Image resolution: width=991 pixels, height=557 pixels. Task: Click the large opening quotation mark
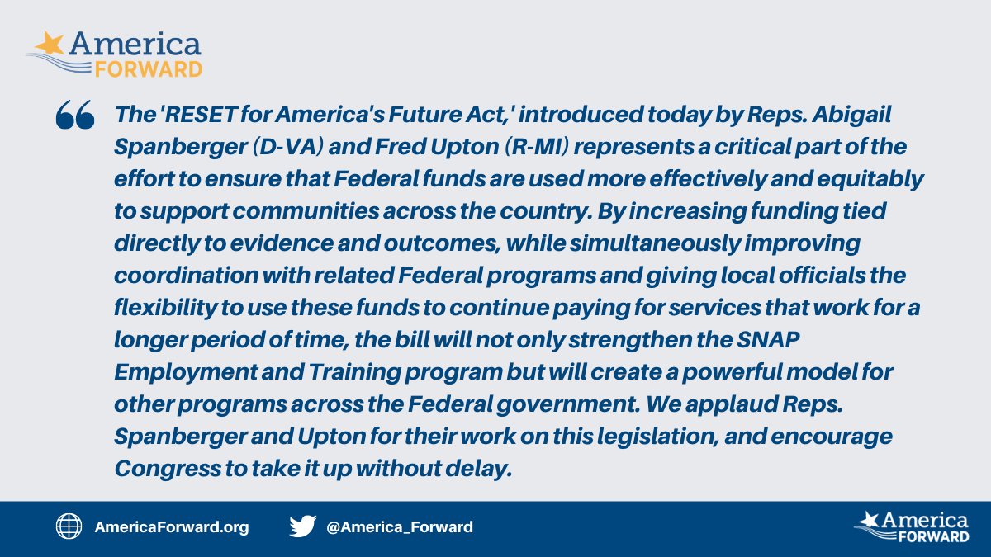point(75,115)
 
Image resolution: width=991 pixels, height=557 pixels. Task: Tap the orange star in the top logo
point(50,43)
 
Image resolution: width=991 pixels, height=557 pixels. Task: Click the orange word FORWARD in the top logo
point(149,69)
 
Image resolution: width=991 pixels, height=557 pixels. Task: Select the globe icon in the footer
point(69,526)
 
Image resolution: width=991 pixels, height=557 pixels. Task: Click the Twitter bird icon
point(302,526)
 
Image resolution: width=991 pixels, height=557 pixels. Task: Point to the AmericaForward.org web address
point(172,527)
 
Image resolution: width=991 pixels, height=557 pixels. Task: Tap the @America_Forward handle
point(400,527)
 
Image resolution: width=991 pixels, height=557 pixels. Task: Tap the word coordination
point(187,276)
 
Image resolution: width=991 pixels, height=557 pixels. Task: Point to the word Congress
point(168,469)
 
